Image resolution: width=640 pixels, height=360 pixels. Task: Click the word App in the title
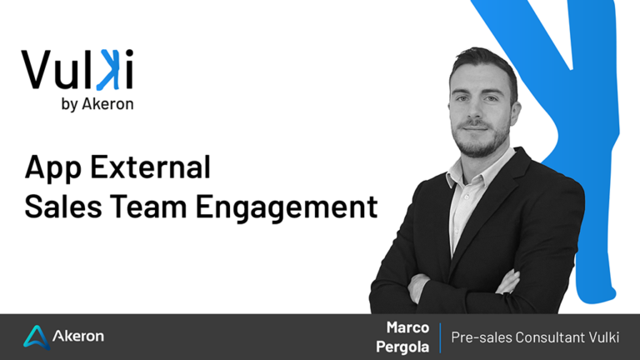tap(53, 167)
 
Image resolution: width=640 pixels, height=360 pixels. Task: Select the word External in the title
tap(150, 167)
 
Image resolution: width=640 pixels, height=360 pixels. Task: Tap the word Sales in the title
tap(63, 206)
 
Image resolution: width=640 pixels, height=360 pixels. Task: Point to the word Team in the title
tap(148, 206)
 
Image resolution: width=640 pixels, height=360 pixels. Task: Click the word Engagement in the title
tap(287, 208)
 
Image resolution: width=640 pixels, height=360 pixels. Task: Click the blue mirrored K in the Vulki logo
tap(109, 69)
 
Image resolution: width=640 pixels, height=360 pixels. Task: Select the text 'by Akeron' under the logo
tap(97, 104)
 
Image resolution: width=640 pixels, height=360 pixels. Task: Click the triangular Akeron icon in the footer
tap(37, 337)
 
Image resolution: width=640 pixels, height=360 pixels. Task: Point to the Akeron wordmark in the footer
tap(78, 336)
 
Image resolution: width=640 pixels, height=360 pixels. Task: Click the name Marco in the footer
tap(407, 327)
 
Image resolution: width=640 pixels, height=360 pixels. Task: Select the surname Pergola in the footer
tap(402, 347)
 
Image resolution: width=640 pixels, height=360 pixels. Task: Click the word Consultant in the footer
tap(550, 337)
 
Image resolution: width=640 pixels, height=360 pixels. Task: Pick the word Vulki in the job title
tap(604, 337)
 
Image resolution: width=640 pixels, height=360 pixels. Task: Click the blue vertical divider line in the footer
tap(440, 337)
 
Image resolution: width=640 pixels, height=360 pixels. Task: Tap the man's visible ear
tap(516, 113)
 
